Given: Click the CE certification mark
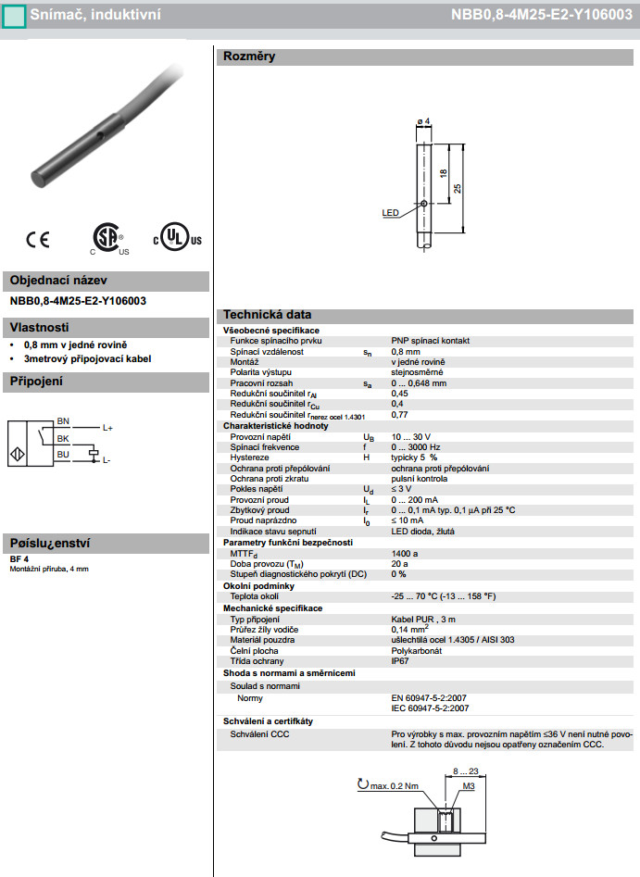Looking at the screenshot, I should point(37,239).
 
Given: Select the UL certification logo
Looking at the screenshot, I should point(176,237).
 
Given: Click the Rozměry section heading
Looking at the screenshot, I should point(249,56).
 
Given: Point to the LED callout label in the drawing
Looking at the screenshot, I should point(390,212).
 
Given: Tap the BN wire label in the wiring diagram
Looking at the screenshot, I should point(63,420).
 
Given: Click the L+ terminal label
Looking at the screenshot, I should point(107,428).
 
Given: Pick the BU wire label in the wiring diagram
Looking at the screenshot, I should point(63,454).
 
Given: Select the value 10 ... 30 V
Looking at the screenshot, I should point(411,435).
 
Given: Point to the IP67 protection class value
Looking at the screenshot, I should point(400,661).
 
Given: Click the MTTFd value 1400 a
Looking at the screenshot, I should point(406,553).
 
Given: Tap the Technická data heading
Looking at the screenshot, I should point(267,315).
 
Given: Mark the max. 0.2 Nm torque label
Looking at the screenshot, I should point(397,785).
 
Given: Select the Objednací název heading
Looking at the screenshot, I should point(58,281).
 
